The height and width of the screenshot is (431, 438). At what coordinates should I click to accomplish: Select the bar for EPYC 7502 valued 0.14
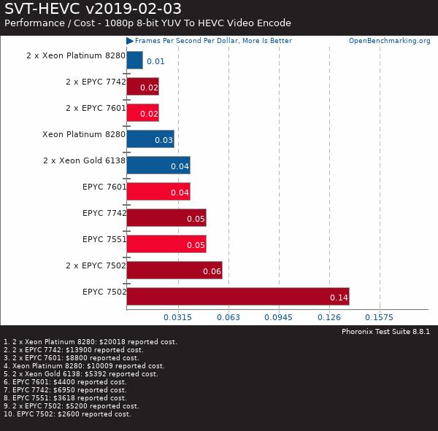[237, 296]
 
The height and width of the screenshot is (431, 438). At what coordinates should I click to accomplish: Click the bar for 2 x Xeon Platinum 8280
[134, 60]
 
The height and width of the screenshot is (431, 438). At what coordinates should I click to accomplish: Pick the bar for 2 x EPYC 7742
[142, 86]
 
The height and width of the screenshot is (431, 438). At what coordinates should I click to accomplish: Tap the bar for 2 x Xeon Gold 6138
[158, 165]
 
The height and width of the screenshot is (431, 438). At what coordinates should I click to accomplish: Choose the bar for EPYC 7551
[166, 244]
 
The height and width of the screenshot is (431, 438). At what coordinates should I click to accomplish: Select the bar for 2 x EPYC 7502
[174, 270]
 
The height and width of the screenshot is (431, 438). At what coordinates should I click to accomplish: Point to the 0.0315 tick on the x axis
[177, 317]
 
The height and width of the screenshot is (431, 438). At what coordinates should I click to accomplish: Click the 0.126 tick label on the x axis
[329, 317]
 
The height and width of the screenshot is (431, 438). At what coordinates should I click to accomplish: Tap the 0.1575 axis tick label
[379, 317]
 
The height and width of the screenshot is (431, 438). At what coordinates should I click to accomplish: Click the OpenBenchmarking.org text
[389, 41]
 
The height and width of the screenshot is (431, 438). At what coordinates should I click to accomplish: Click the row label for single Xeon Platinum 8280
[84, 134]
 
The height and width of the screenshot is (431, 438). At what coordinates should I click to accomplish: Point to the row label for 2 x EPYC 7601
[96, 108]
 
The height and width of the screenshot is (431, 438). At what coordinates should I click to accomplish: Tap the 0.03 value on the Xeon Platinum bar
[164, 140]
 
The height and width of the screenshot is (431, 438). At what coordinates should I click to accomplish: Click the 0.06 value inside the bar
[212, 271]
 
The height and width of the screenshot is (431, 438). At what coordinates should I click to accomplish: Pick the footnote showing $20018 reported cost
[91, 341]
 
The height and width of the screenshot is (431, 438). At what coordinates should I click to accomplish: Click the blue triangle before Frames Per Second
[130, 41]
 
